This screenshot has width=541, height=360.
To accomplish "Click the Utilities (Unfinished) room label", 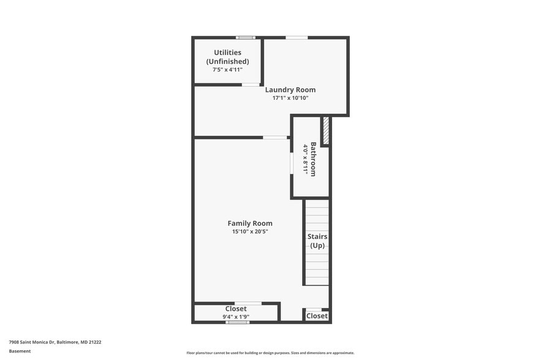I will tap(227, 57).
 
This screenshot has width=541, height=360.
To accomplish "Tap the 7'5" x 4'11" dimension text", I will tap(227, 70).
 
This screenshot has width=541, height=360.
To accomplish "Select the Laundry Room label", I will tap(290, 90).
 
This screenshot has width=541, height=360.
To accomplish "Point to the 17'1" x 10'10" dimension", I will tap(290, 98).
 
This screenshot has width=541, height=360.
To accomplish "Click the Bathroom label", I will tap(313, 159).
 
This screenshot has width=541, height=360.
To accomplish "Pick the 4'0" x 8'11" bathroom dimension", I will tap(305, 159).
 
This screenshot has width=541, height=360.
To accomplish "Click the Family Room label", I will tap(250, 223).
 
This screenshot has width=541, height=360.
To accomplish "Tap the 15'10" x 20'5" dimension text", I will tap(250, 231).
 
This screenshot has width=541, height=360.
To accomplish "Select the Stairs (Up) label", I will tap(317, 241).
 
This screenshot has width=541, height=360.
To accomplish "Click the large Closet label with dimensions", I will tap(236, 309).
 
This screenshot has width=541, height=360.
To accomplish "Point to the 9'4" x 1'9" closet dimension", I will tap(236, 317).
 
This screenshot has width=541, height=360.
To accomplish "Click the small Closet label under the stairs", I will tap(317, 316).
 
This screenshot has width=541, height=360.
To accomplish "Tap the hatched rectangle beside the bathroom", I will tap(326, 131).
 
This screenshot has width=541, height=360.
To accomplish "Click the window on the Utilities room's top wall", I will tap(246, 37).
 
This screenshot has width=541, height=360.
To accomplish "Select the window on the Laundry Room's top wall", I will tap(297, 37).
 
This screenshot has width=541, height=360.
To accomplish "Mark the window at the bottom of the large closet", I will tap(237, 322).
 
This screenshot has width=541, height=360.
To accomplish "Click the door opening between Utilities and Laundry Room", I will tap(251, 84).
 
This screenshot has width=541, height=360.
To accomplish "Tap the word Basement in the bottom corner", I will tap(20, 351).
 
